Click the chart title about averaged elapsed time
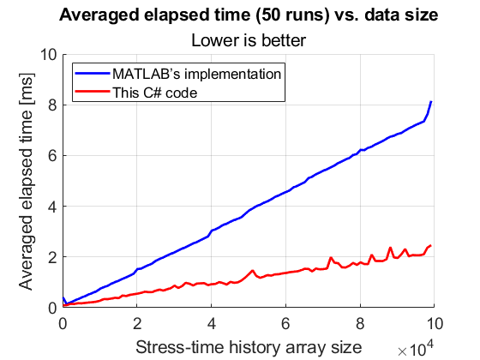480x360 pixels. [249, 16]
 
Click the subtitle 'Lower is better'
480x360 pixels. [249, 39]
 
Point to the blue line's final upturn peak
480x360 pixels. [430, 102]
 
